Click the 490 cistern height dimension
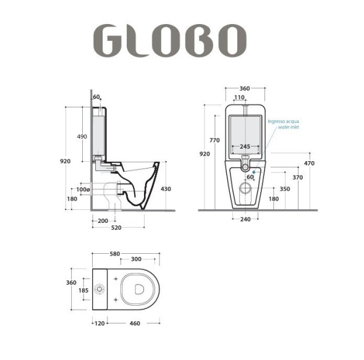point(82,136)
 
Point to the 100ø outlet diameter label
point(83,190)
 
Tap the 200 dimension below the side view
point(103,220)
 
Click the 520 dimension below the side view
point(116,228)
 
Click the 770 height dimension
point(214,140)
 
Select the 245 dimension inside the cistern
point(245,147)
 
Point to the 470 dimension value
point(309,163)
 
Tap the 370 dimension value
point(298,177)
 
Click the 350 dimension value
point(285,189)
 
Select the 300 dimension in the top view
point(136,259)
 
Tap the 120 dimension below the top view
point(99,322)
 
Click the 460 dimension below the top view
point(135,322)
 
